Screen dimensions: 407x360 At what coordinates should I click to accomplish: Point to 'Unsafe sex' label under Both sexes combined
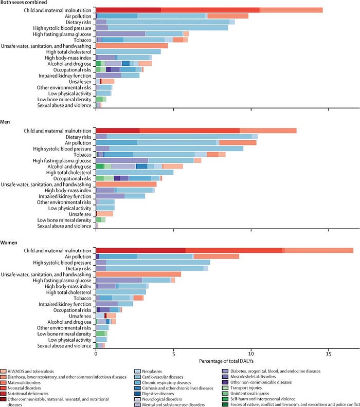coord(82,81)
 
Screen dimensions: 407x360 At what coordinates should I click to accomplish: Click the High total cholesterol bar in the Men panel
coord(135,172)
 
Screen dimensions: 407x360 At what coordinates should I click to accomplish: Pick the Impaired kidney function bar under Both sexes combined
coord(118,75)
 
